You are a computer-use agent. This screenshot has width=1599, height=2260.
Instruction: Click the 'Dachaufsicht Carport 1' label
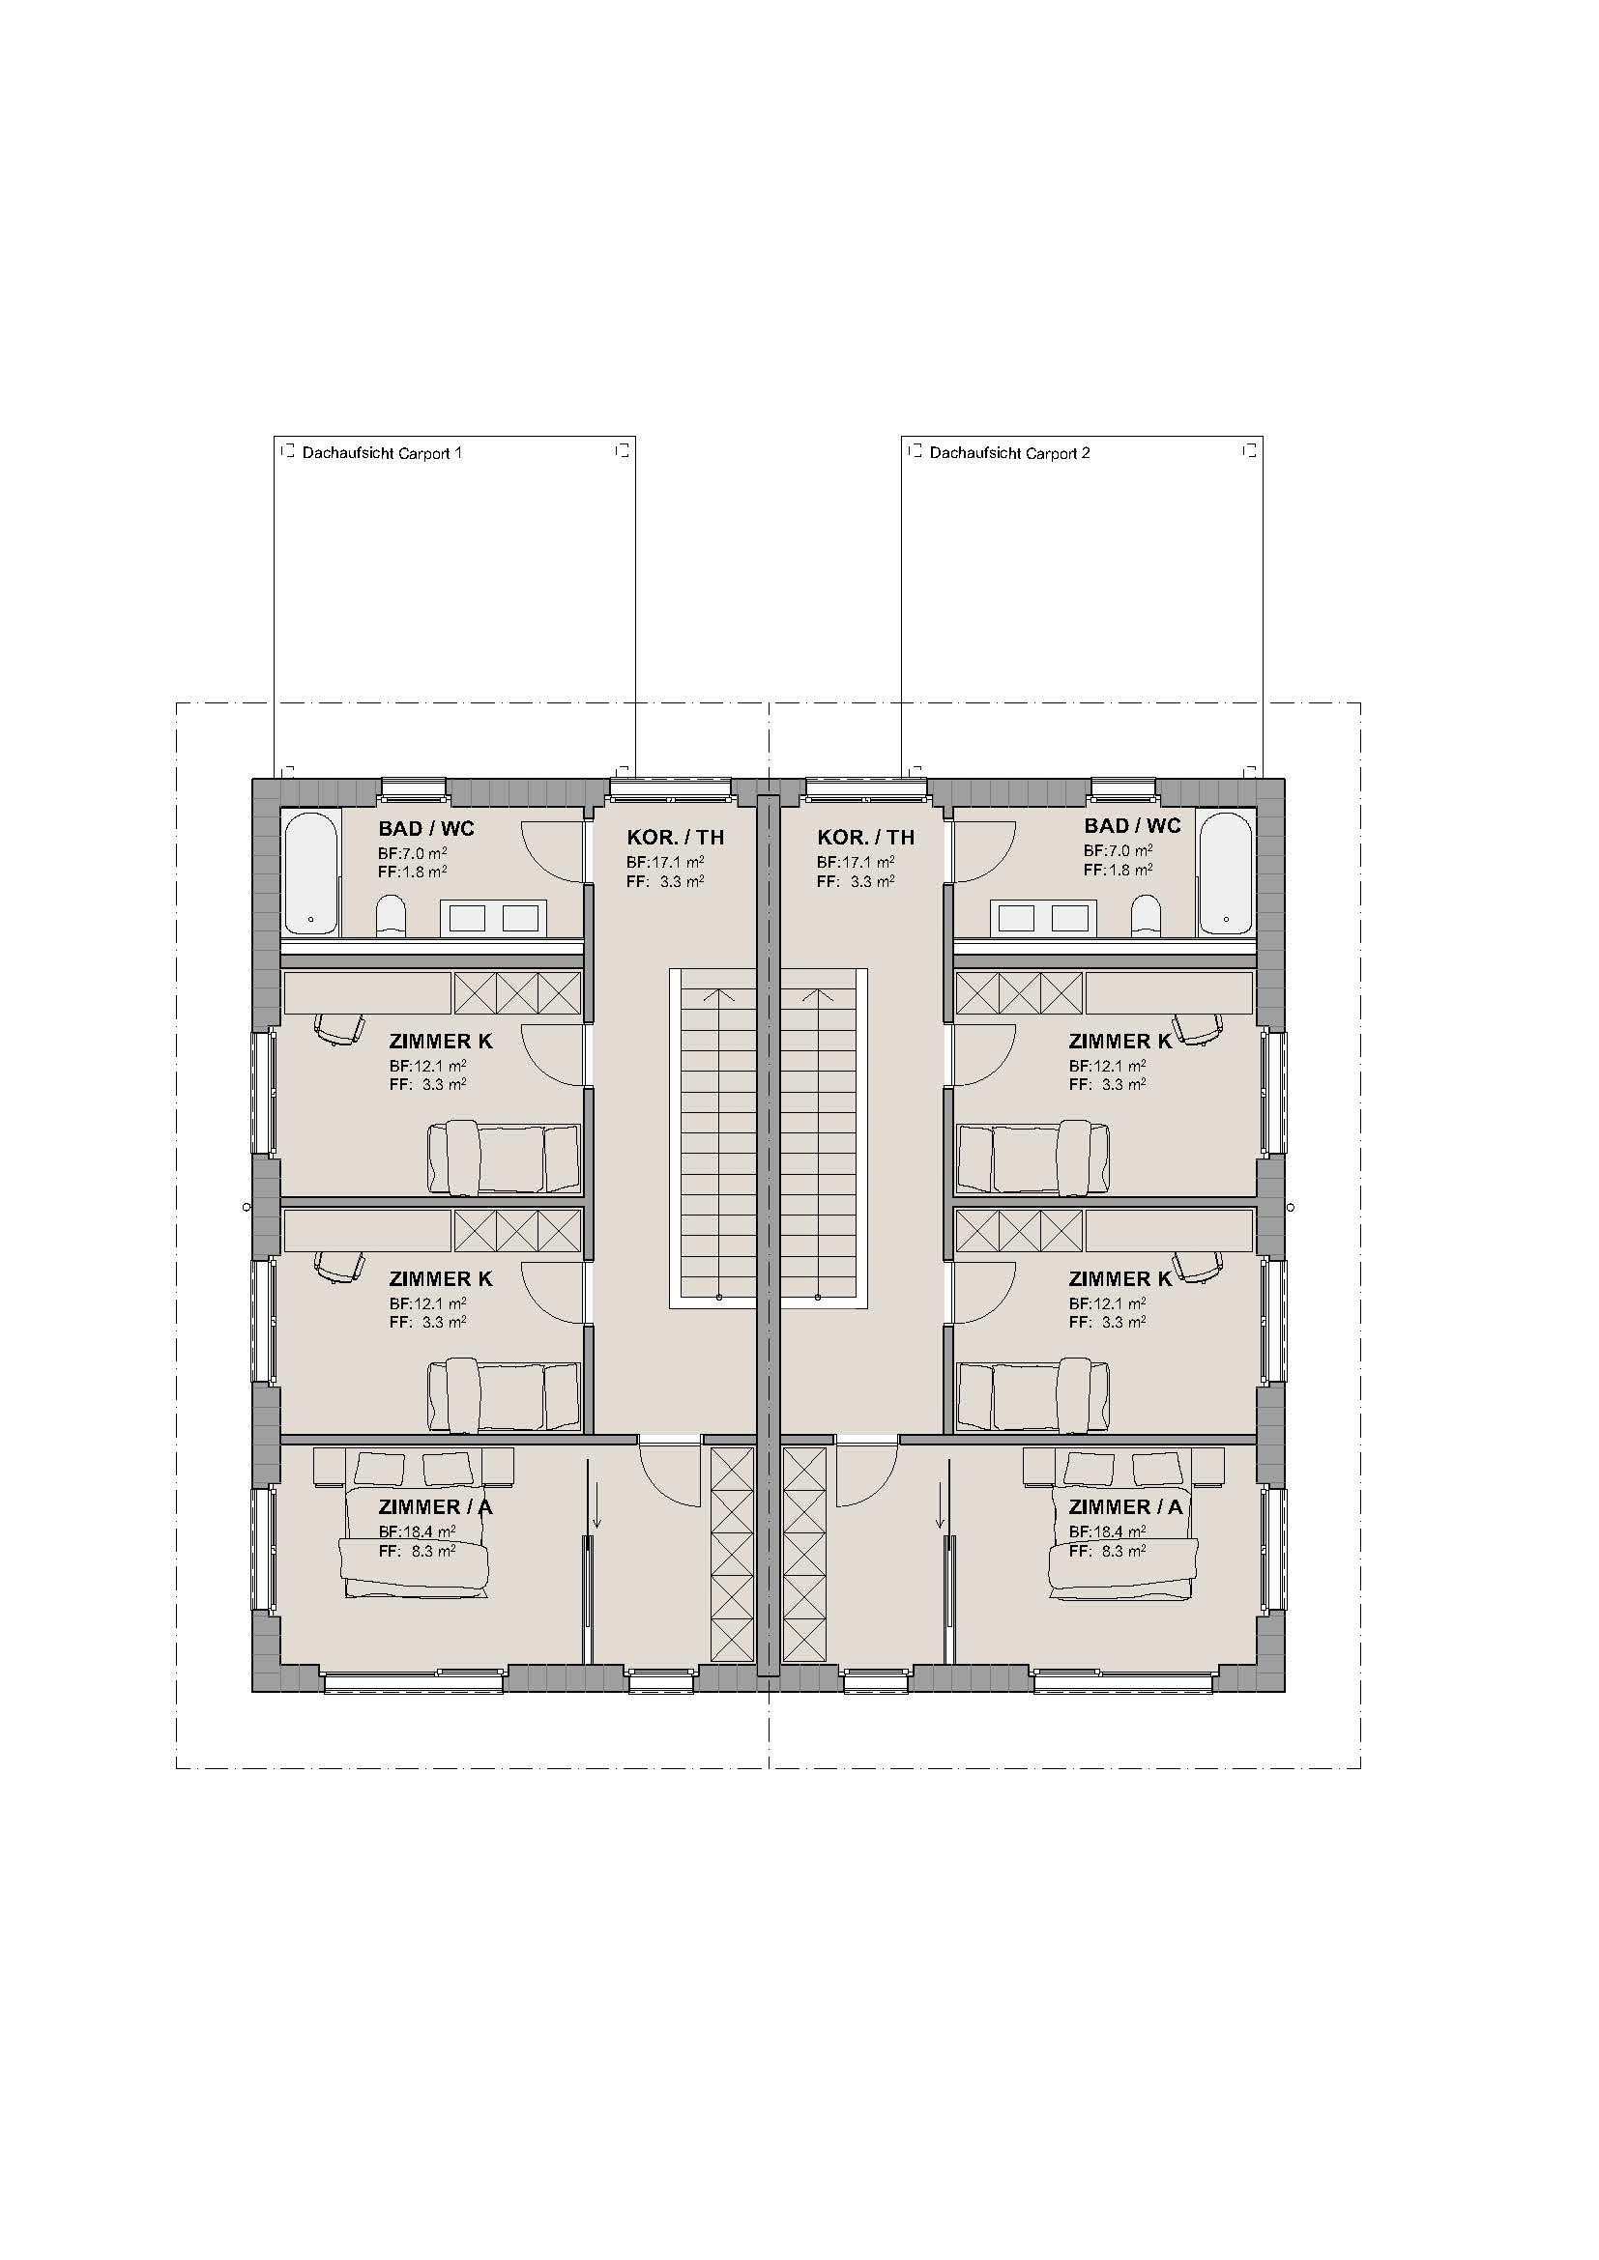[x=381, y=453]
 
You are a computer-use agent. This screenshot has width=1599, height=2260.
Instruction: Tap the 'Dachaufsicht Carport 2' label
[x=1009, y=453]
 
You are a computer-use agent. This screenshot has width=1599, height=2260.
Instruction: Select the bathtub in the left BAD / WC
[x=311, y=872]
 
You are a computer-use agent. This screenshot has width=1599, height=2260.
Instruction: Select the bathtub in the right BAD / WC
[x=1226, y=872]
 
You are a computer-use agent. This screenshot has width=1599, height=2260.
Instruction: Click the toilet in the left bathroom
[x=391, y=915]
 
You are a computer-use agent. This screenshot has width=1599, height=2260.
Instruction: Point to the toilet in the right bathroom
[x=1147, y=915]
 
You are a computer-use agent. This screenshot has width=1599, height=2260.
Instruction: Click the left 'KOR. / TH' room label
[x=676, y=838]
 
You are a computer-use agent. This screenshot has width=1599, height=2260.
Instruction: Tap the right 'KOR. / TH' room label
[x=865, y=838]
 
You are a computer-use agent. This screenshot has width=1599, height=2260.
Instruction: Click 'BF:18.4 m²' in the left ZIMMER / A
[x=418, y=1531]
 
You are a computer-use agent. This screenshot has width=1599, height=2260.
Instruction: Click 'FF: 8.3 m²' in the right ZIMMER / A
[x=1107, y=1550]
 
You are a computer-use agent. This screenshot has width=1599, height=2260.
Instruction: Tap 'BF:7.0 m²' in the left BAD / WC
[x=413, y=853]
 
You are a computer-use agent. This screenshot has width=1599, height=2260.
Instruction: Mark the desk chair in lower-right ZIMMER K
[x=1197, y=1267]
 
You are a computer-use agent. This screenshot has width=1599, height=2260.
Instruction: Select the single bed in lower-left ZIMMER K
[x=504, y=1396]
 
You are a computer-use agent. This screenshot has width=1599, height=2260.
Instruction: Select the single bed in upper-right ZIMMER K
[x=1033, y=1158]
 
